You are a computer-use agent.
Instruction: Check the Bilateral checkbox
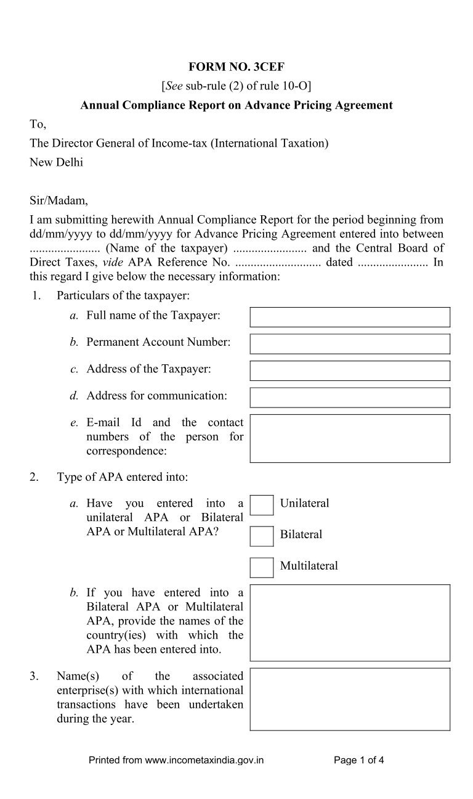[261, 535]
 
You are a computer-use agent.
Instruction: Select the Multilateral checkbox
[261, 567]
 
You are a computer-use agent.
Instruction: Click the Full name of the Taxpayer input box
[349, 317]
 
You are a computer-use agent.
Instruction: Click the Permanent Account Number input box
[349, 343]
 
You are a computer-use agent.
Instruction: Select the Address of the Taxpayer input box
[349, 371]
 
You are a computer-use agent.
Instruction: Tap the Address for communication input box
[349, 397]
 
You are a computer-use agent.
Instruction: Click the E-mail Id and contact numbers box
[349, 438]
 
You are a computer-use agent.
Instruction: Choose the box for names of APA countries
[349, 622]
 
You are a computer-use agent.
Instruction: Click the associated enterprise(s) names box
[349, 699]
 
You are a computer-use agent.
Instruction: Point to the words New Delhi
[56, 163]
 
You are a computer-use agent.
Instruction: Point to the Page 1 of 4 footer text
[358, 760]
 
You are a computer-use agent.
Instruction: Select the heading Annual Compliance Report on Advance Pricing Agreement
[236, 105]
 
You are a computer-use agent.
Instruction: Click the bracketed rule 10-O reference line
[236, 86]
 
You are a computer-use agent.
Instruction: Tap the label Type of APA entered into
[123, 477]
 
